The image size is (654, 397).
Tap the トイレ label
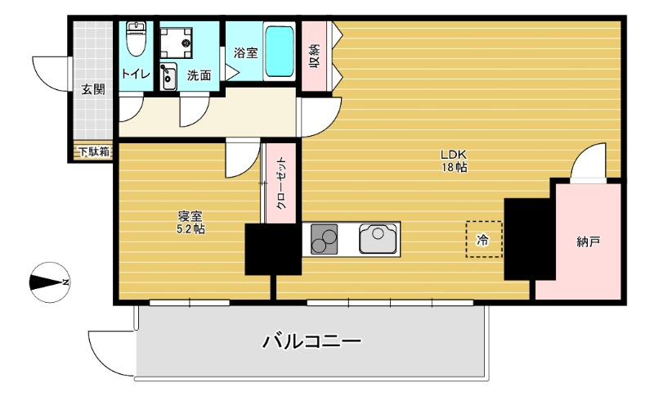click(x=136, y=74)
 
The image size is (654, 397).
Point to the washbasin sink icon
click(x=169, y=78)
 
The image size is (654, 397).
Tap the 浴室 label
click(x=246, y=53)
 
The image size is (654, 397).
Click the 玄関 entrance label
click(x=92, y=89)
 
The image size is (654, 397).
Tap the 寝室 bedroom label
click(x=190, y=216)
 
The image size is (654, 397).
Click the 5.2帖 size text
click(x=190, y=230)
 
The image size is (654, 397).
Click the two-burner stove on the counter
click(x=325, y=238)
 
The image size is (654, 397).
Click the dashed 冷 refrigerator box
click(x=483, y=240)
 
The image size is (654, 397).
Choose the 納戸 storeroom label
click(x=588, y=241)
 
